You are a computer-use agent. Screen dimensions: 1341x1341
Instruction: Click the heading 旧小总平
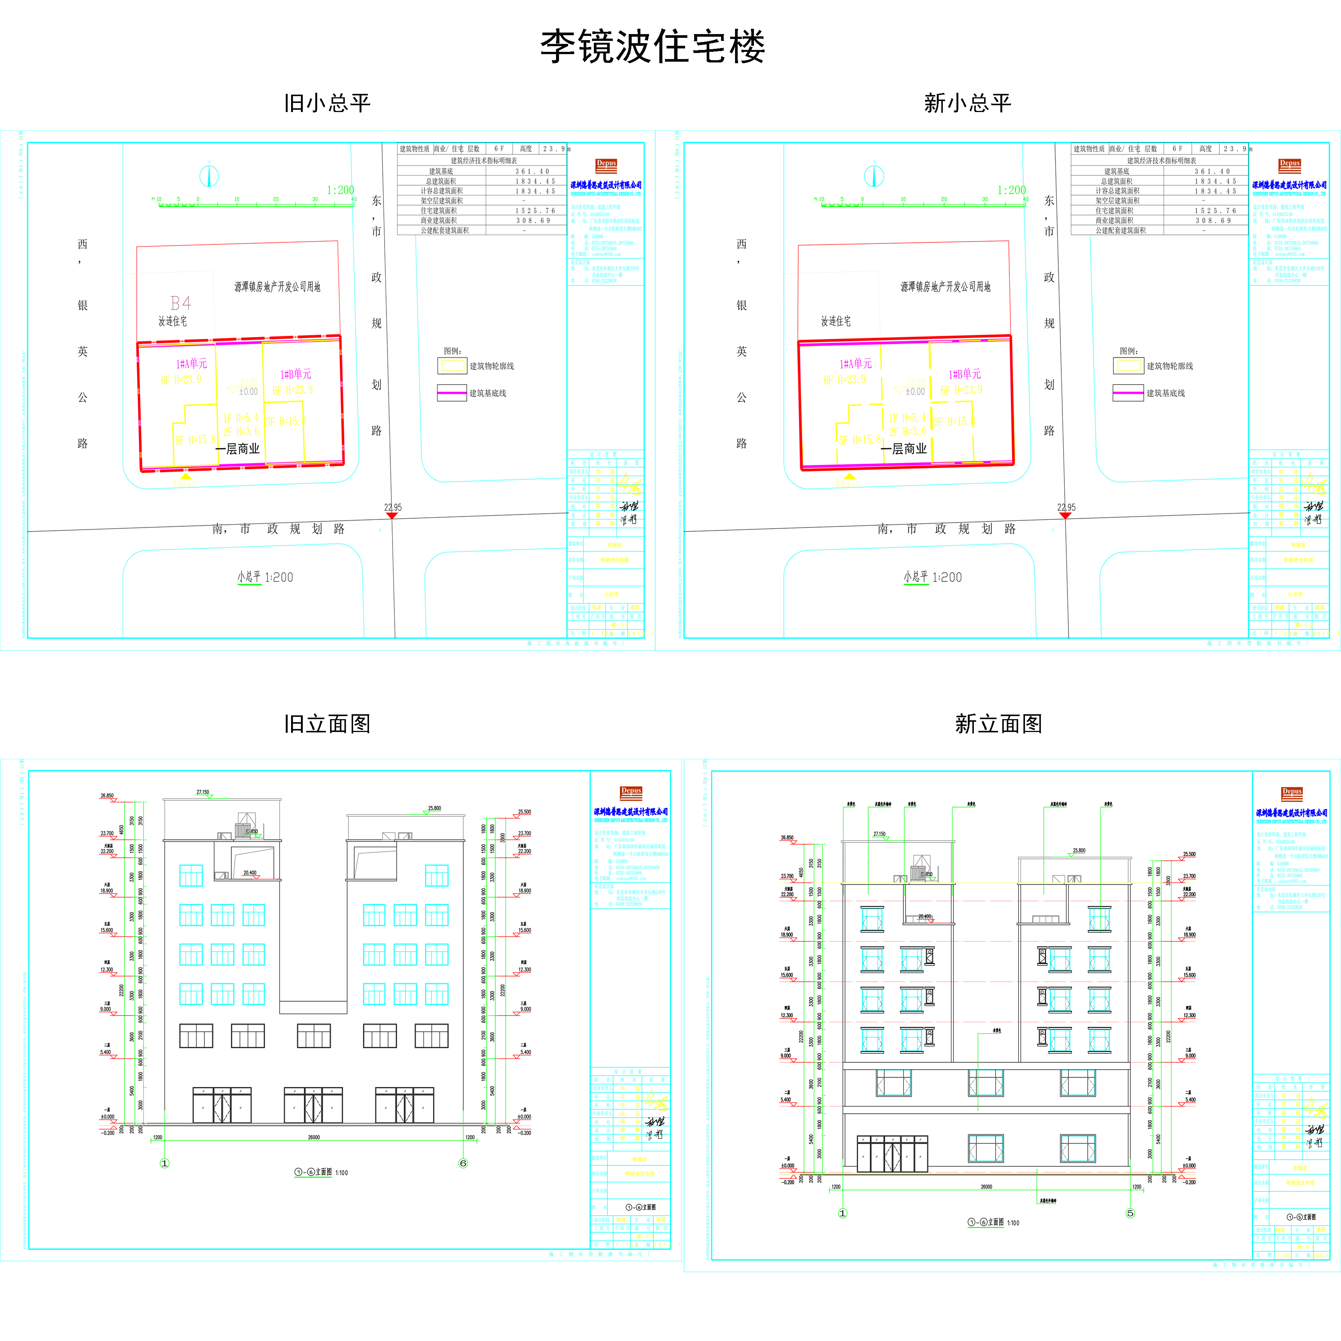pos(327,103)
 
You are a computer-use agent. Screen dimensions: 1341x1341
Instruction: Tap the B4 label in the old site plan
pos(181,303)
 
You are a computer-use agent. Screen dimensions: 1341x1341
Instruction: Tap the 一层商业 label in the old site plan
pos(238,449)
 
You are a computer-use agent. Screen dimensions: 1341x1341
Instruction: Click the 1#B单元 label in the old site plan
pos(296,374)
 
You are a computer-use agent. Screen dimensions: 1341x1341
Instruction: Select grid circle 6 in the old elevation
pos(463,1163)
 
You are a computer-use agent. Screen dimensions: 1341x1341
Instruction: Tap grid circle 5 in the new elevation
pos(1130,1213)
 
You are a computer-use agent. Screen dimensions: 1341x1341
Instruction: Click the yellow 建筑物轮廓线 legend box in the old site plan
pos(453,366)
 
